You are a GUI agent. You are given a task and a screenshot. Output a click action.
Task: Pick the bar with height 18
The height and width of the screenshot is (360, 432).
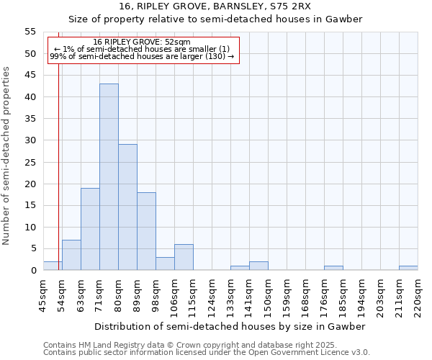pos(146,231)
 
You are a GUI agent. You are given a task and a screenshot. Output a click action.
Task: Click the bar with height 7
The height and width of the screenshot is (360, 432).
pos(71,255)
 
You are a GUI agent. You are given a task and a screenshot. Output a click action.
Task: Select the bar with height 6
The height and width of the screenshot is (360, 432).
pos(184,257)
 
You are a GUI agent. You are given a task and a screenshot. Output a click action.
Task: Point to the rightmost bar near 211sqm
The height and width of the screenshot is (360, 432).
pos(408,268)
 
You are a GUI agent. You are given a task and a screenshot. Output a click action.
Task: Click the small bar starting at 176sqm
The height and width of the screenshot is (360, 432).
pos(333,268)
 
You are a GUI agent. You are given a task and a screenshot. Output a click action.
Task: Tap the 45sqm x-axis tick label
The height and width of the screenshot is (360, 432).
pos(42,296)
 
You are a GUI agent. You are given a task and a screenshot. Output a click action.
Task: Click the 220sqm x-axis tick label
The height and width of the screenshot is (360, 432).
pos(417,296)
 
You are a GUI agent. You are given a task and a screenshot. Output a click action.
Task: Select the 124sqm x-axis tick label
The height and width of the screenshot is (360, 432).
pos(211,296)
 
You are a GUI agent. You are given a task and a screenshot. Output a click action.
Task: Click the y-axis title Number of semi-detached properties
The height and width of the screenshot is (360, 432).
pos(6,155)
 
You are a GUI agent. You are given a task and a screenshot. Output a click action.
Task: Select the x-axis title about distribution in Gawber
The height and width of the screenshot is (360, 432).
pos(230,326)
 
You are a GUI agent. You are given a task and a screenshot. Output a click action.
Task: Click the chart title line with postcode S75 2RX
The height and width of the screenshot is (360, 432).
pos(216,6)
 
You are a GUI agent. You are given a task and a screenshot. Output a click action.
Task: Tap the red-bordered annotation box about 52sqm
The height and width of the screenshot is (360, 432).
pos(143,49)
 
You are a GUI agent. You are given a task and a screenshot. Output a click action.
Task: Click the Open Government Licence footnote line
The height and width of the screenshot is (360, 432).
pos(207,353)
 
